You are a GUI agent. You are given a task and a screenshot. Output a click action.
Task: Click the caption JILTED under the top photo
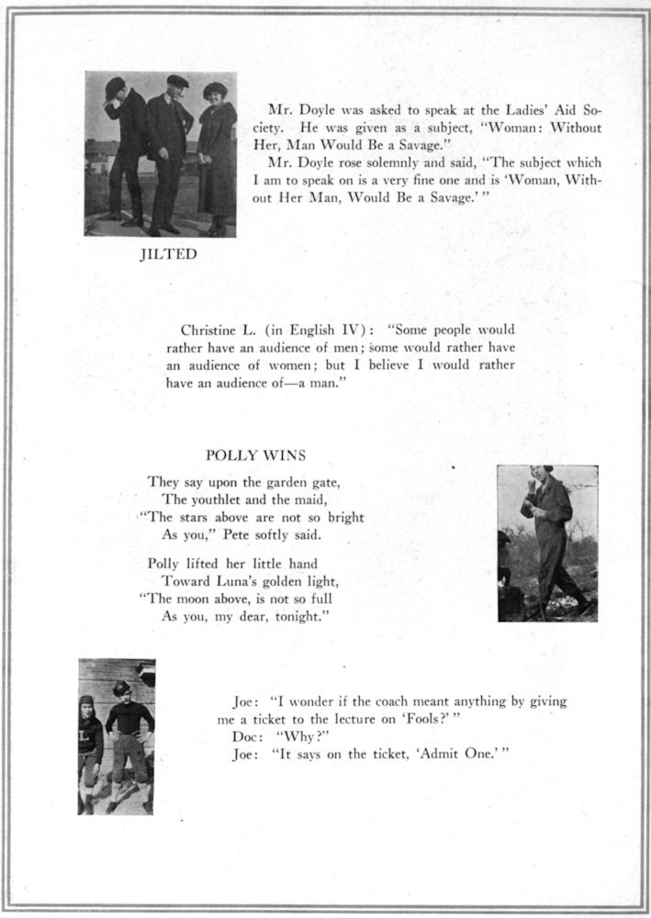(167, 254)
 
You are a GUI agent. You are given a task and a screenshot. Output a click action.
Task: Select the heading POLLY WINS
(255, 454)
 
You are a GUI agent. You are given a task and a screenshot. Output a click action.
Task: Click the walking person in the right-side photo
(548, 542)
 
